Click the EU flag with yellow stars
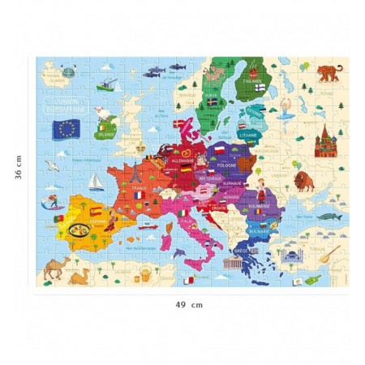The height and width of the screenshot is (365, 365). (x=66, y=128)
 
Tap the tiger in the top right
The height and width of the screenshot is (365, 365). (x=328, y=73)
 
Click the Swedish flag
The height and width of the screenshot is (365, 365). (x=213, y=102)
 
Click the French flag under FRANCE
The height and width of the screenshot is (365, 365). (x=141, y=195)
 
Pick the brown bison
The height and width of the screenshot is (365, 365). (x=304, y=181)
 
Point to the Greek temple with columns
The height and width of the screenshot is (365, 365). (x=244, y=255)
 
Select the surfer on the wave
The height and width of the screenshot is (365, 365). (x=50, y=200)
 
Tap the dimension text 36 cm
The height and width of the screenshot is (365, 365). (x=18, y=173)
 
